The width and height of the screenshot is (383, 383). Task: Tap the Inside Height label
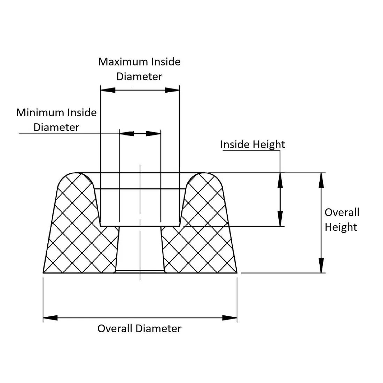pos(252,144)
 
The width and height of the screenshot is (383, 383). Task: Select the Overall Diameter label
pos(139,329)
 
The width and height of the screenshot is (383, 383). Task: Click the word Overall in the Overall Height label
pos(342,212)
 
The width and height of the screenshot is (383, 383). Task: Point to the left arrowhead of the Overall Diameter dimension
pos(50,318)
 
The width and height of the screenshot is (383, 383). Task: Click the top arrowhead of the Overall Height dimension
pos(321,180)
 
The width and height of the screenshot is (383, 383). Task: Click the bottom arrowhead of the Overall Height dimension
pos(321,265)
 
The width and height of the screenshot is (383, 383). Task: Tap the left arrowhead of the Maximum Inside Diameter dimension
pos(108,90)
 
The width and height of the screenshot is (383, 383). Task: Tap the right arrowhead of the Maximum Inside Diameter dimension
pos(172,90)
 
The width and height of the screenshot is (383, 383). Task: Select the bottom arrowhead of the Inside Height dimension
pos(280,219)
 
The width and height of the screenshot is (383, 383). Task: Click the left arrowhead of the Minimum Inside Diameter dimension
pos(127,133)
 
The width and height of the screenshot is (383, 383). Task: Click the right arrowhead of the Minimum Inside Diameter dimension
pos(153,133)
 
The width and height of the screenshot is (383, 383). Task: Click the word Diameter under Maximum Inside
pos(139,77)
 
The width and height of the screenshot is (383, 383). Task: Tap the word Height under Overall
pos(341,227)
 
